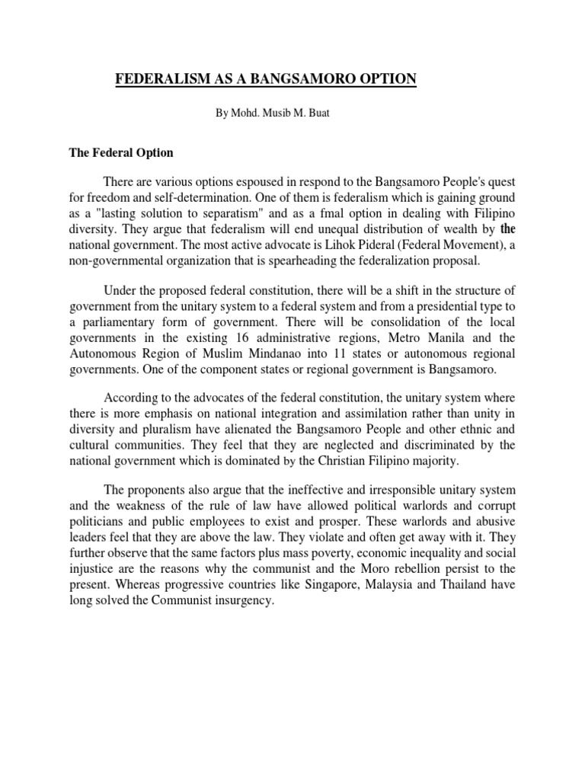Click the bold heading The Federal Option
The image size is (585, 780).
click(121, 152)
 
